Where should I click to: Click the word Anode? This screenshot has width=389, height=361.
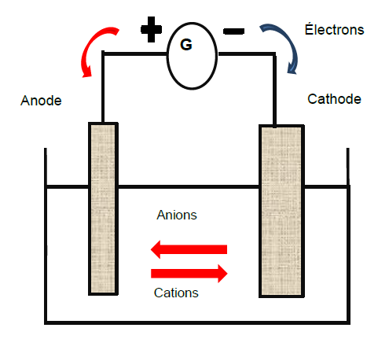tap(41, 101)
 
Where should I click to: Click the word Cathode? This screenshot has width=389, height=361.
tap(334, 99)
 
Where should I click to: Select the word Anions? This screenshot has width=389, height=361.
tap(177, 215)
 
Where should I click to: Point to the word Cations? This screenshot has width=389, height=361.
tap(176, 293)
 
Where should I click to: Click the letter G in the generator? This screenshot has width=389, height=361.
tap(186, 44)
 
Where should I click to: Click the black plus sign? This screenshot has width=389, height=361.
tap(151, 29)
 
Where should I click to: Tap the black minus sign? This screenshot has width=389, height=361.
tap(233, 31)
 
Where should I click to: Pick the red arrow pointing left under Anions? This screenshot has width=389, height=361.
tap(189, 249)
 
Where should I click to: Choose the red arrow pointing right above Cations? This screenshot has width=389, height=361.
tap(189, 274)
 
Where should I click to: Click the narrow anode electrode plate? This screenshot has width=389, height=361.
tap(103, 208)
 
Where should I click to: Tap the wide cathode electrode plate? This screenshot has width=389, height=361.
tap(281, 211)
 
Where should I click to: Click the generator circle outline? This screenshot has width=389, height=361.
tap(167, 56)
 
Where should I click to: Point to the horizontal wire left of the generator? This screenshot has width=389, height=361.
tap(134, 53)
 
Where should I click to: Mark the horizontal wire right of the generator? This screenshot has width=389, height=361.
tap(247, 54)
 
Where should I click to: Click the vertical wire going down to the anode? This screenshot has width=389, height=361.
tap(103, 87)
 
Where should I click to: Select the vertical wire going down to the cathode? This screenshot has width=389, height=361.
tap(274, 90)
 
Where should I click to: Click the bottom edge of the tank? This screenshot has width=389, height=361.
tap(197, 322)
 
